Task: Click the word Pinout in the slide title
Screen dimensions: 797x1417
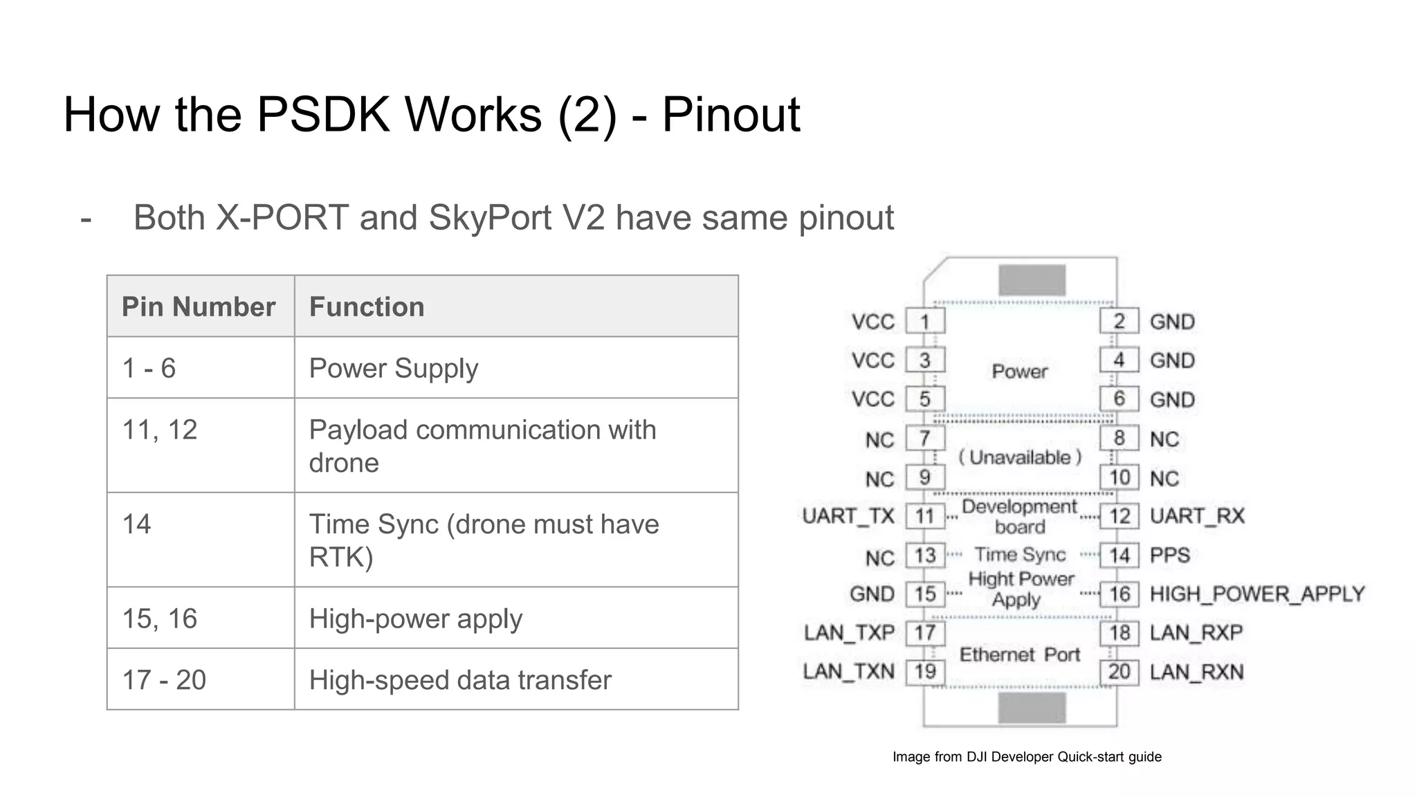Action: pyautogui.click(x=731, y=114)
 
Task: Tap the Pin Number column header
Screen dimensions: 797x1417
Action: pyautogui.click(x=199, y=306)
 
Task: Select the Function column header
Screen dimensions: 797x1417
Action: pyautogui.click(x=367, y=306)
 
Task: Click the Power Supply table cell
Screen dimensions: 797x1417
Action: pyautogui.click(x=393, y=368)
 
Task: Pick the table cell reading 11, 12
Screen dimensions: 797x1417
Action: pyautogui.click(x=160, y=430)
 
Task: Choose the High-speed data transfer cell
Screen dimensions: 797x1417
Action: pyautogui.click(x=460, y=679)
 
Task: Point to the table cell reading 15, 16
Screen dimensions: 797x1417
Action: pyautogui.click(x=160, y=619)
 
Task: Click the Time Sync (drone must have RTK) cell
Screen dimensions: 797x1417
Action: pyautogui.click(x=483, y=540)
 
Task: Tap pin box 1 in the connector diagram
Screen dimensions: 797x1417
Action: pyautogui.click(x=925, y=322)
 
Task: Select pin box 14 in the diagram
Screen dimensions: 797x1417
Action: pyautogui.click(x=1119, y=555)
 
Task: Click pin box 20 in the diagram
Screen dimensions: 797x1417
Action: pyautogui.click(x=1119, y=671)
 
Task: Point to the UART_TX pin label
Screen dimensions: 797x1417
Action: pyautogui.click(x=848, y=516)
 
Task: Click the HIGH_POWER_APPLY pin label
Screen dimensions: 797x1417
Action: pyautogui.click(x=1256, y=594)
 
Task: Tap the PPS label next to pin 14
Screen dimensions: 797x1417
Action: pyautogui.click(x=1170, y=555)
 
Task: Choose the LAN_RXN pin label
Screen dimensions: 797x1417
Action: pyautogui.click(x=1196, y=672)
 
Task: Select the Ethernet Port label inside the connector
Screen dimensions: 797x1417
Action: pyautogui.click(x=1019, y=654)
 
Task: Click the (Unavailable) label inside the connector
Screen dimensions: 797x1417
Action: pyautogui.click(x=1019, y=457)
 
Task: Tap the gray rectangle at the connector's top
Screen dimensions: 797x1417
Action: pyautogui.click(x=1032, y=281)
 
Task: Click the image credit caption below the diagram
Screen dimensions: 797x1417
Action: pyautogui.click(x=1027, y=757)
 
